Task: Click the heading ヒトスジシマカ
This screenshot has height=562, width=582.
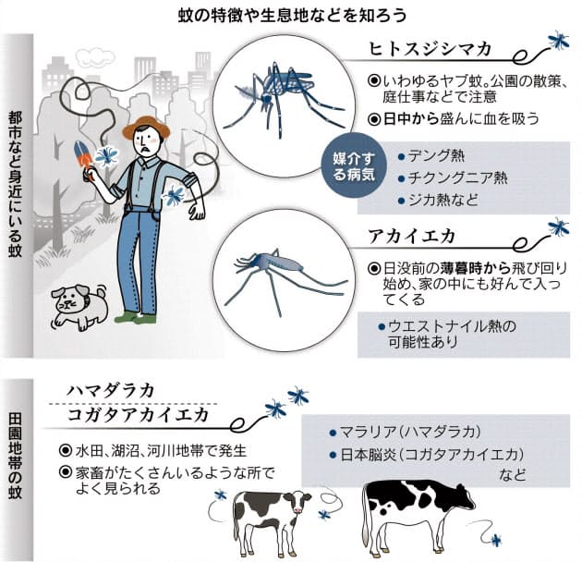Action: [430, 49]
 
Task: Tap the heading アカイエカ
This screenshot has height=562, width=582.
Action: [412, 237]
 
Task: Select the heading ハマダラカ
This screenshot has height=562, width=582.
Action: [111, 391]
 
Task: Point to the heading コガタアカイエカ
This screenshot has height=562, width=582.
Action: [138, 414]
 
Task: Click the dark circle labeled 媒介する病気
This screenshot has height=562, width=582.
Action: [354, 166]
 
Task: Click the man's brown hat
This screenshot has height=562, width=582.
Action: [146, 126]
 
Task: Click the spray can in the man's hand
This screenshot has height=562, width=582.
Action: [83, 155]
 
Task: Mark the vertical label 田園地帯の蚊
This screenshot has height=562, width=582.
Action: [15, 457]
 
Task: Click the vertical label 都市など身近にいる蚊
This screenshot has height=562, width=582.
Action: [15, 185]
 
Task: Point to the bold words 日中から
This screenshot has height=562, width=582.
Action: [411, 119]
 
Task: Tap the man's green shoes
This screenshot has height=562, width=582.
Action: [136, 317]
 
